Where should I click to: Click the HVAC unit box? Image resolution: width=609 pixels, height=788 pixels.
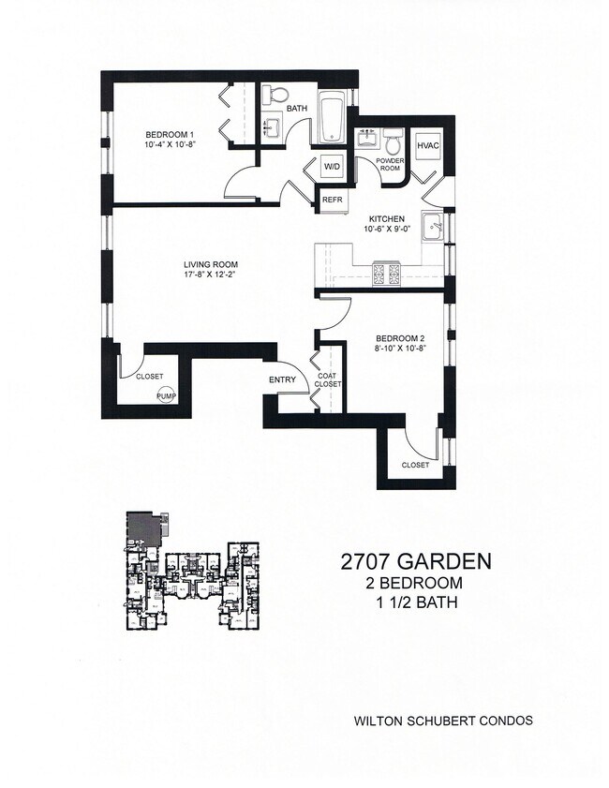tap(427, 146)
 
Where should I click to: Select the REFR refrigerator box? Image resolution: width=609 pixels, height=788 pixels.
tap(332, 200)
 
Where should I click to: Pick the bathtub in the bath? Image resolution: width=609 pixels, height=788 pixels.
tap(333, 119)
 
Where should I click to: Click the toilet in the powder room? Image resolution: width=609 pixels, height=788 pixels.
tap(394, 139)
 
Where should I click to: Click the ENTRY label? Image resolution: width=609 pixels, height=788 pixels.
tap(282, 379)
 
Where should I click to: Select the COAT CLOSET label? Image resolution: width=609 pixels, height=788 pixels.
tap(327, 379)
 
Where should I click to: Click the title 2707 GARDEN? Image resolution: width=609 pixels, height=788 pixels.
tap(415, 562)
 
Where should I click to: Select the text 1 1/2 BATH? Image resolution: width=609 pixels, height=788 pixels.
tap(415, 603)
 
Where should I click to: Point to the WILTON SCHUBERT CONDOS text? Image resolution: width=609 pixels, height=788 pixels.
tap(443, 721)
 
